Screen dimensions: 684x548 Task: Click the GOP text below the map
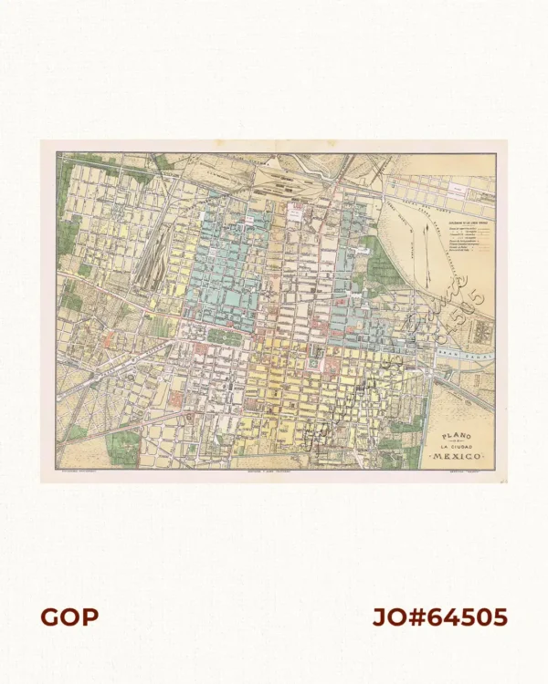[68, 617]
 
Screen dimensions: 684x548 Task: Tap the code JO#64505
[439, 617]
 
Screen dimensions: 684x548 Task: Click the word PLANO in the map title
[451, 434]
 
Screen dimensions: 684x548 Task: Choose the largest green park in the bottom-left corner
[123, 447]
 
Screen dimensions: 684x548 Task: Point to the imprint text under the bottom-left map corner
[78, 473]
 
